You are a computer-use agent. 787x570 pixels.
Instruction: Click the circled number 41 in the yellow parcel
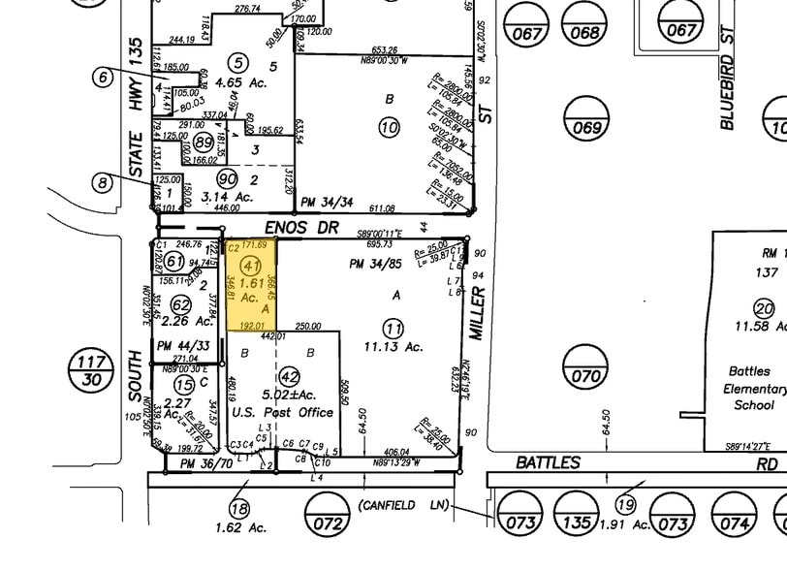pyautogui.click(x=252, y=266)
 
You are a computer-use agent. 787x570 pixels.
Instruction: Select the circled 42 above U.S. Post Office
pyautogui.click(x=289, y=377)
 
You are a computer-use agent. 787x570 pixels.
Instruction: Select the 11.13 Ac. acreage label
pyautogui.click(x=393, y=346)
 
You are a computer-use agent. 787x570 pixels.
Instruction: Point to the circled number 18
pyautogui.click(x=239, y=508)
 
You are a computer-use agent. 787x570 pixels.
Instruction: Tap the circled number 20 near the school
pyautogui.click(x=765, y=309)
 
